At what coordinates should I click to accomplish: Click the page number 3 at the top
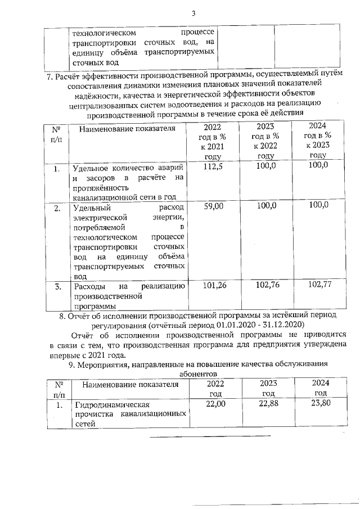click(192, 13)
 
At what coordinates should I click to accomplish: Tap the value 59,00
click(213, 206)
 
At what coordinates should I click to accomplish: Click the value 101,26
click(213, 286)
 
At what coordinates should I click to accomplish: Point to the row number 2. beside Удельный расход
click(57, 208)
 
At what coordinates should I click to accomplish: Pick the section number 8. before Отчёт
click(62, 316)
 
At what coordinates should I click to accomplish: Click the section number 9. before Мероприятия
click(70, 364)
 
